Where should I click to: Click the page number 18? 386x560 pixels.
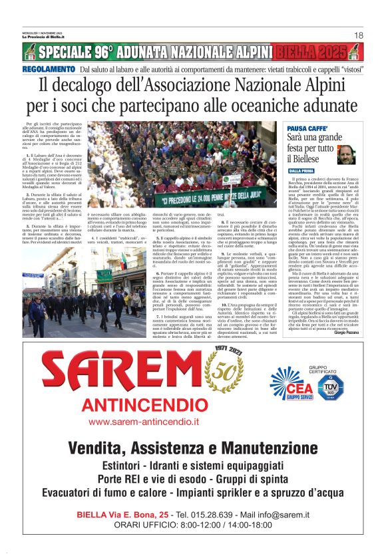358,35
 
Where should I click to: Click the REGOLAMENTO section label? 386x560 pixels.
49,69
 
